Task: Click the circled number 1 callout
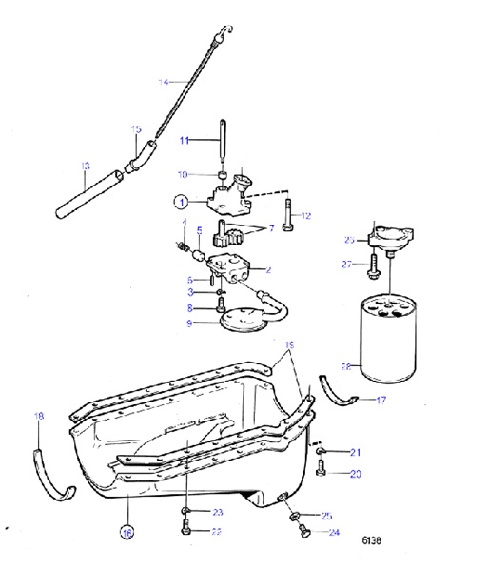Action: click(180, 201)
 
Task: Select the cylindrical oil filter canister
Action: click(386, 332)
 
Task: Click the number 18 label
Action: click(38, 416)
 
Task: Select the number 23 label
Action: click(217, 512)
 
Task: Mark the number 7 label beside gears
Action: click(271, 228)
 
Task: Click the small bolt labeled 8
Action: click(221, 304)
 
